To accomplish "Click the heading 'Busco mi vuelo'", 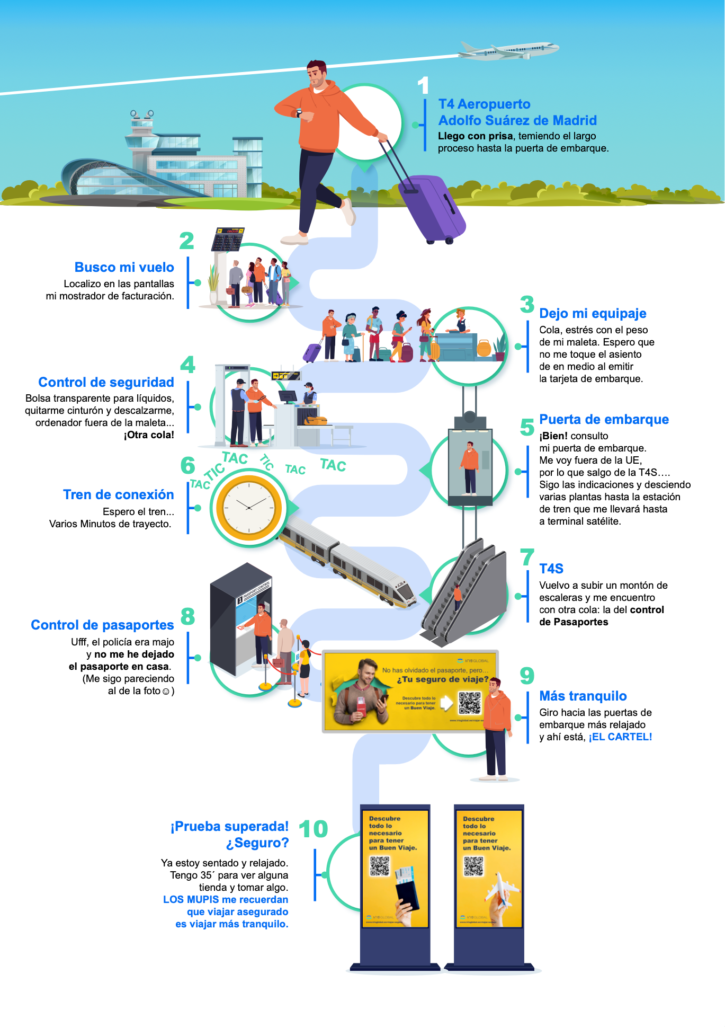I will tap(124, 267).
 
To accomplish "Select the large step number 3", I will tap(527, 304).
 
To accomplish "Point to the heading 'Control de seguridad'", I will tap(106, 382).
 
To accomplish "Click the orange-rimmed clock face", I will tap(249, 507).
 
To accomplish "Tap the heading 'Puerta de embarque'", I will tap(604, 419).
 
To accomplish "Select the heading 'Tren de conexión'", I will tap(118, 494).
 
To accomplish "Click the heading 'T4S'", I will tap(551, 569).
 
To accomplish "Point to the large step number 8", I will tap(187, 616).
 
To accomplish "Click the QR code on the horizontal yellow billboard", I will tap(469, 703).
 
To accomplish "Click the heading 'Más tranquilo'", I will tap(583, 696).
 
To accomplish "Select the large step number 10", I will tap(314, 829).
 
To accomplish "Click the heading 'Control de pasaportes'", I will tap(102, 625).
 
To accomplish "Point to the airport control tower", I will tap(142, 130).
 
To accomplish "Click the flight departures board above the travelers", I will tap(228, 239).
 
